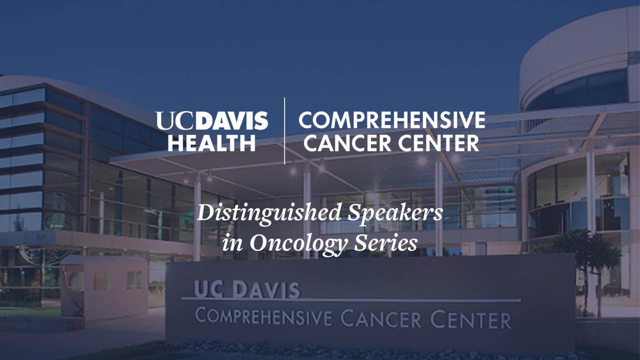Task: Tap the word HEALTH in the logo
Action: click(211, 143)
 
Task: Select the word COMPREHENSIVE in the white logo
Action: click(391, 120)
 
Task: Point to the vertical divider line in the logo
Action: click(284, 131)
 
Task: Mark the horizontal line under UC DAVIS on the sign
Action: click(350, 300)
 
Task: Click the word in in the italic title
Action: click(230, 243)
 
